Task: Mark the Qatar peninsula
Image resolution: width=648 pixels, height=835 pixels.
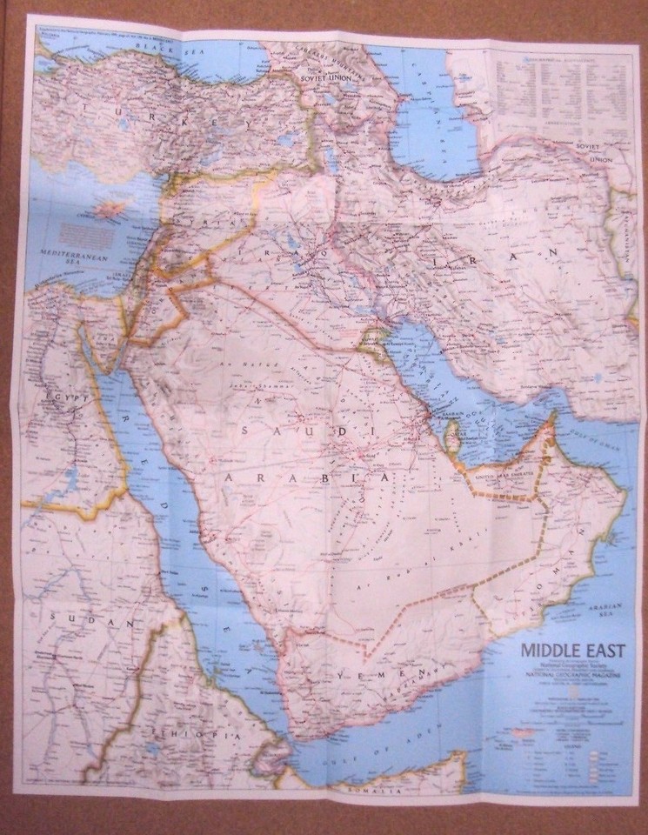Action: click(451, 431)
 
